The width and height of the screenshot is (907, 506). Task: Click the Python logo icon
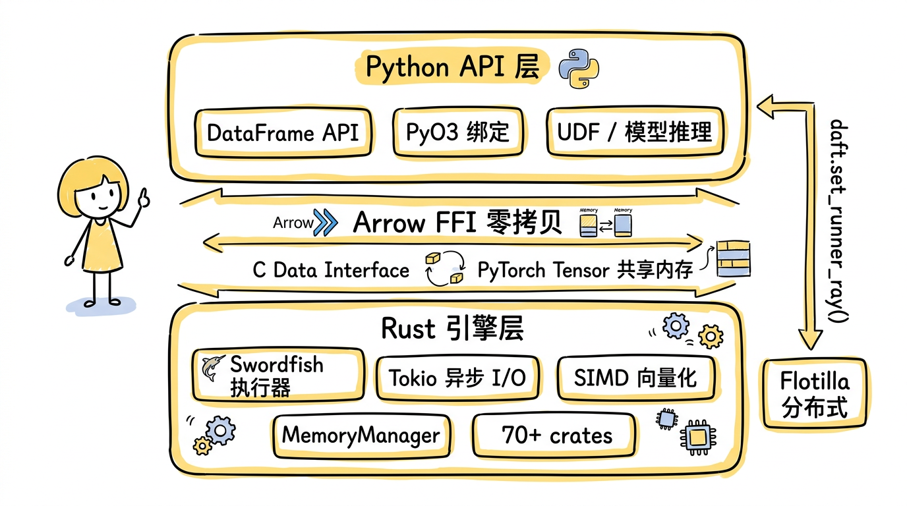578,69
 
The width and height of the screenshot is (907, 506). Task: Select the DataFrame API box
283,132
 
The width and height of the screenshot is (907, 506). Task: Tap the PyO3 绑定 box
457,132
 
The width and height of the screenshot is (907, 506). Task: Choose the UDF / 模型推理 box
635,132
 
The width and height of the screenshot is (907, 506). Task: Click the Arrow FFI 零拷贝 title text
457,223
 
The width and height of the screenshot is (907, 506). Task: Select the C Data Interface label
331,270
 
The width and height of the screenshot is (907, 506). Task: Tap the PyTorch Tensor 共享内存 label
585,270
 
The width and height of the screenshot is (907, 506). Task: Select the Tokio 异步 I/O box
457,378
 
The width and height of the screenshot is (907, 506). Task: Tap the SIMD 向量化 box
635,378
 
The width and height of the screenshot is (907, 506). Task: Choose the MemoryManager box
361,435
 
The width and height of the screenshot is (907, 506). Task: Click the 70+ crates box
556,435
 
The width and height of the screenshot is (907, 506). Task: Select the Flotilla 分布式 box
814,393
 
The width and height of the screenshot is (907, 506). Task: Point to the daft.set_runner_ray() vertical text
838,221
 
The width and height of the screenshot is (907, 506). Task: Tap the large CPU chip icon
699,437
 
